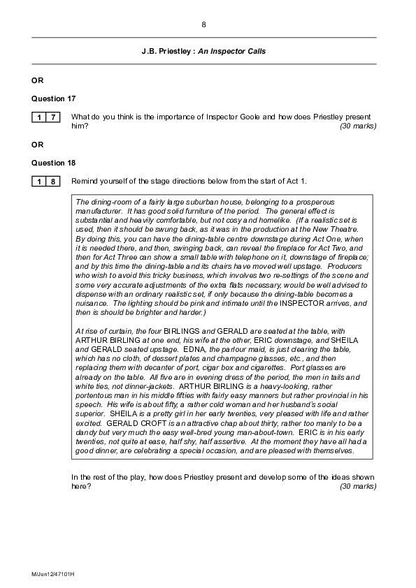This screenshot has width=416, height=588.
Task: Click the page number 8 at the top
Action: click(x=203, y=24)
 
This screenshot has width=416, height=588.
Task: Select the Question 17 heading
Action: click(x=53, y=98)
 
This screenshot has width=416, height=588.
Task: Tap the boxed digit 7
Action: click(x=53, y=117)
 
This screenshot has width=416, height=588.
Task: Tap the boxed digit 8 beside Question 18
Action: click(x=53, y=182)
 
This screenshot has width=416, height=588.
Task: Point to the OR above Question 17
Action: click(x=37, y=80)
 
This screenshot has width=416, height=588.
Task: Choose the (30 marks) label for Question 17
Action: click(x=358, y=126)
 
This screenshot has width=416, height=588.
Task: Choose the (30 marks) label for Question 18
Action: click(x=358, y=486)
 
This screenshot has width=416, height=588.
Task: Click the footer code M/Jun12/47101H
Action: click(x=53, y=573)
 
